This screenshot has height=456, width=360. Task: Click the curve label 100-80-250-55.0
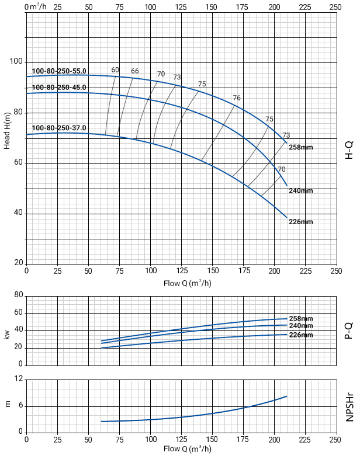(x=59, y=71)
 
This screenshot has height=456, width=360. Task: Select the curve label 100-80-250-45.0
(x=59, y=88)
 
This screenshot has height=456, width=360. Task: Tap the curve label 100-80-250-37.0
(x=59, y=128)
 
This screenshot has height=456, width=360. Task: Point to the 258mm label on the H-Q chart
(x=301, y=147)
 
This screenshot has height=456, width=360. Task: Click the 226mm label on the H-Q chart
(x=301, y=222)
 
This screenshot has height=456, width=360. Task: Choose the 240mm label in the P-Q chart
(x=301, y=325)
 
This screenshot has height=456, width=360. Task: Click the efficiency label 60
(x=115, y=70)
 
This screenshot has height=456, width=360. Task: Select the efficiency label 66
(x=135, y=71)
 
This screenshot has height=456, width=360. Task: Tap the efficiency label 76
(x=237, y=98)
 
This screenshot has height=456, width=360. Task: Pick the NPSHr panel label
(x=349, y=406)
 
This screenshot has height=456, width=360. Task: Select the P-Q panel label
(x=349, y=330)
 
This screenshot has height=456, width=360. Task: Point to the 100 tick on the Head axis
(x=16, y=62)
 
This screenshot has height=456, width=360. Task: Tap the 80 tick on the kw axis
(x=18, y=295)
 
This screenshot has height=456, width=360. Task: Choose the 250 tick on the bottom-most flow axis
(x=336, y=438)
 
